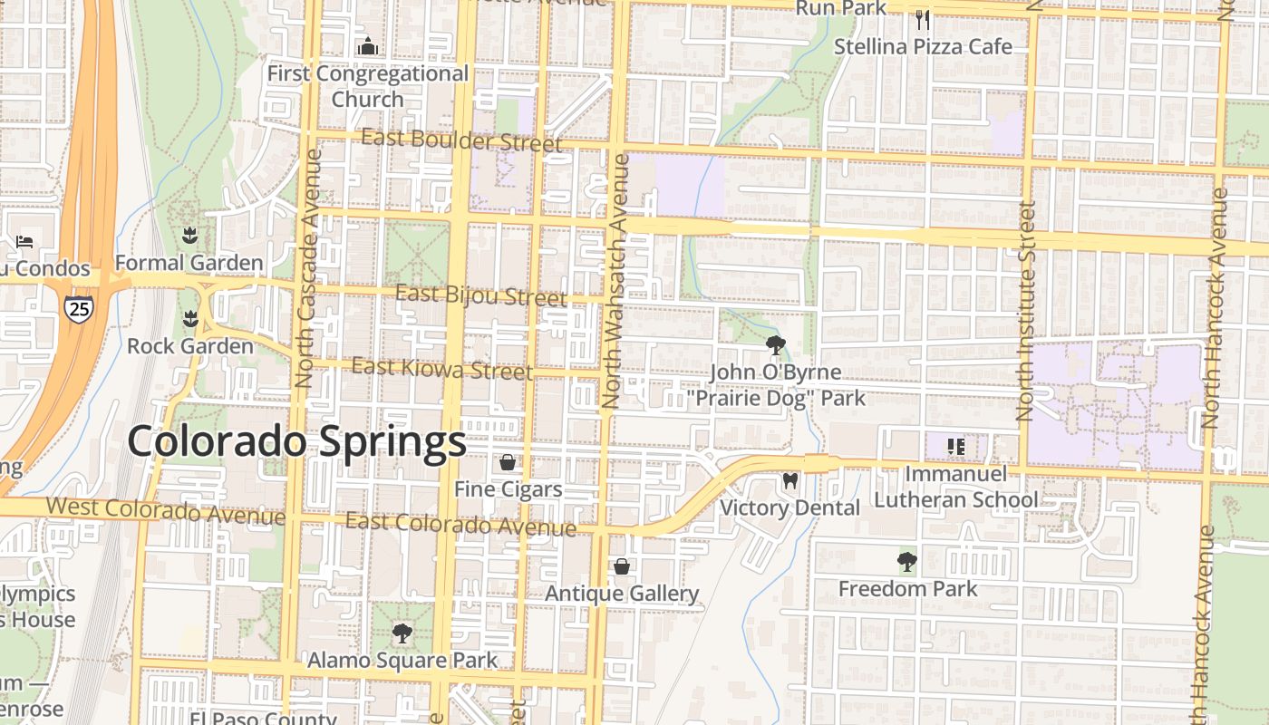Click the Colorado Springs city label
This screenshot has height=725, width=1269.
pyautogui.click(x=296, y=442)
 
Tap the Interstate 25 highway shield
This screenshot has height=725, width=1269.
pyautogui.click(x=79, y=309)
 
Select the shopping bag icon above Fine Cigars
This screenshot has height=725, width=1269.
pyautogui.click(x=508, y=463)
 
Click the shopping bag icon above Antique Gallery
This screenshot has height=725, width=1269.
pyautogui.click(x=622, y=567)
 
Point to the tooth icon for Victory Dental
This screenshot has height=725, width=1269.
pyautogui.click(x=789, y=481)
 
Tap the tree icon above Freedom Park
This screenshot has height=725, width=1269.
pyautogui.click(x=906, y=562)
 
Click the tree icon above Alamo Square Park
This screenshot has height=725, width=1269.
pyautogui.click(x=402, y=633)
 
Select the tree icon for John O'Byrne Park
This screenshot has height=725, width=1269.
pyautogui.click(x=775, y=345)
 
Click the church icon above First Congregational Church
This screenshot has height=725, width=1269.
pyautogui.click(x=368, y=46)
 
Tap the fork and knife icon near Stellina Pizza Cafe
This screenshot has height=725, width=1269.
pyautogui.click(x=923, y=19)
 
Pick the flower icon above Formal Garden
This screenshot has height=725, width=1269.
pyautogui.click(x=189, y=237)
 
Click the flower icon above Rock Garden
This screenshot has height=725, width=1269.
pyautogui.click(x=189, y=319)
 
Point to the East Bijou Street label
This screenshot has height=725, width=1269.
pyautogui.click(x=481, y=295)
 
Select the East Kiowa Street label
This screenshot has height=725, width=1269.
pyautogui.click(x=441, y=369)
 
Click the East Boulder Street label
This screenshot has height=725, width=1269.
pyautogui.click(x=461, y=140)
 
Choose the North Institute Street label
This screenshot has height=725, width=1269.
pyautogui.click(x=1025, y=311)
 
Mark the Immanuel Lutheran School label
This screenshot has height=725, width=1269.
pyautogui.click(x=956, y=487)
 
